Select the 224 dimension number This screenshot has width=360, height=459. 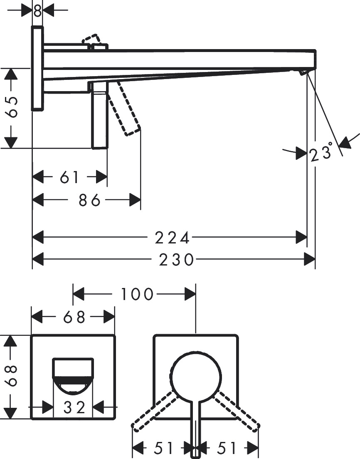[x=172, y=238]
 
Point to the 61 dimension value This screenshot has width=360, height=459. [x=69, y=178]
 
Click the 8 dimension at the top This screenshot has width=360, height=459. [x=37, y=10]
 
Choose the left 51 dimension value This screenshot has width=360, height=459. [x=164, y=448]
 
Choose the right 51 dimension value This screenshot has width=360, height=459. [x=227, y=448]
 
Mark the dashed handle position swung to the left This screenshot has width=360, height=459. [x=153, y=409]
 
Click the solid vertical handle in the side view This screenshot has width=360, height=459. [x=100, y=117]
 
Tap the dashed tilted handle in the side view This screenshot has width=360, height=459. [x=125, y=108]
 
